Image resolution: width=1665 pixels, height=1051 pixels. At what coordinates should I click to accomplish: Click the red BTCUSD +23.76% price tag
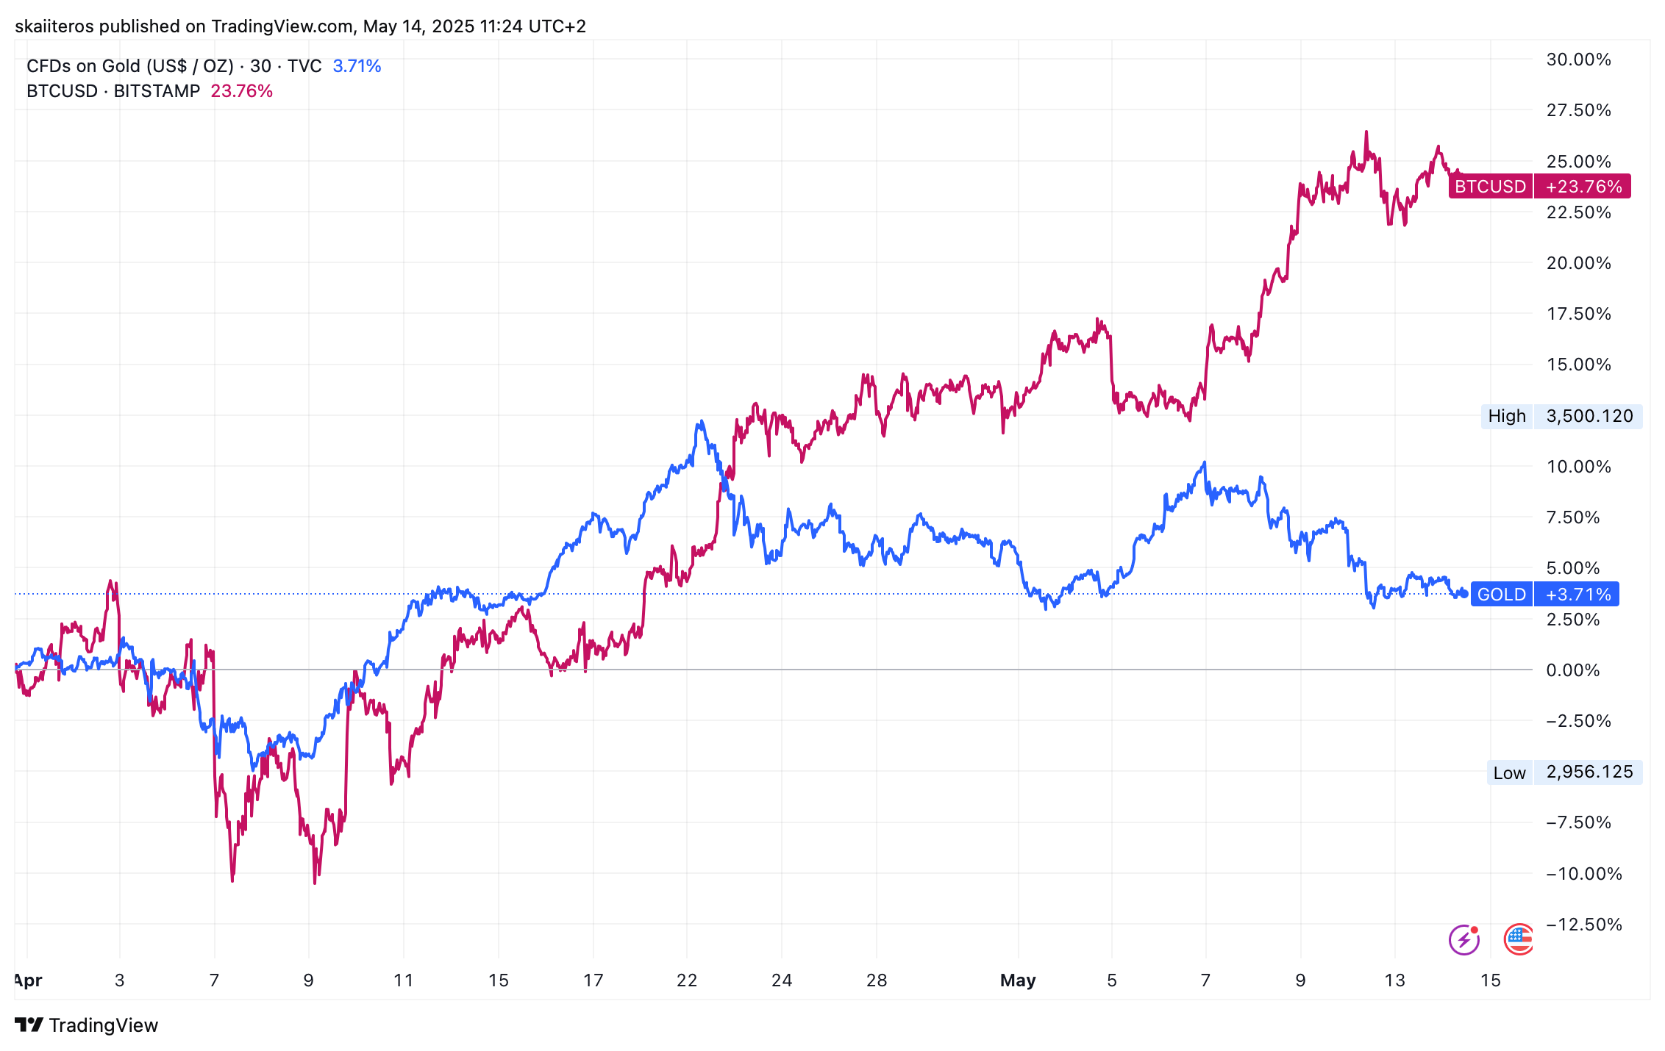coord(1539,186)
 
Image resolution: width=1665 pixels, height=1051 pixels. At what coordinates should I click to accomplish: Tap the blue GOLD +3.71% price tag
coord(1544,594)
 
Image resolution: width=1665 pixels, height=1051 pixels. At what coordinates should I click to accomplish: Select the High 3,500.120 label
coord(1561,416)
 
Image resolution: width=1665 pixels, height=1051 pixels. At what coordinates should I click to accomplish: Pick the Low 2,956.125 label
coord(1564,772)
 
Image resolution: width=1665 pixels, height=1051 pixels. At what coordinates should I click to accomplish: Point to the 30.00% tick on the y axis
coord(1578,60)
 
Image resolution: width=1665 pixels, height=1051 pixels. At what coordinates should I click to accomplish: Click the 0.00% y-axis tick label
coord(1573,670)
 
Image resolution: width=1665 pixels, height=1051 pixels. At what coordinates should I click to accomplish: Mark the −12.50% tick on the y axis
coord(1583,924)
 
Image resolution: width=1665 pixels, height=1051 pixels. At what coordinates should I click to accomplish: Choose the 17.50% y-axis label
coord(1578,314)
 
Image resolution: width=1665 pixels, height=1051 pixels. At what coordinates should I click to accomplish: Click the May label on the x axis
coord(1018,980)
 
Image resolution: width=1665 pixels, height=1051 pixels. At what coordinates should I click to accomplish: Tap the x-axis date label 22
coord(687,980)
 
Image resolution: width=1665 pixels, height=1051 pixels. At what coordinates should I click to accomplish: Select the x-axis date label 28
coord(877,980)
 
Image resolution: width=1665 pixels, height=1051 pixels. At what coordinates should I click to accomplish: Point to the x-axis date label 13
coord(1394,980)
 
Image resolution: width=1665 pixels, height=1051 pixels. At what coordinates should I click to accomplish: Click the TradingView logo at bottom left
coord(86,1025)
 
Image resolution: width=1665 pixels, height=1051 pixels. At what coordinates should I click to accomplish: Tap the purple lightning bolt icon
coord(1463,939)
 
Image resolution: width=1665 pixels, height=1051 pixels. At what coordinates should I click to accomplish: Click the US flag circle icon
coord(1519,939)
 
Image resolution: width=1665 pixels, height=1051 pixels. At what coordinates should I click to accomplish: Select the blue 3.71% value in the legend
coord(357,66)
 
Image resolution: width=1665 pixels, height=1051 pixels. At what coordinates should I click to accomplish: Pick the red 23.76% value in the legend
coord(241,91)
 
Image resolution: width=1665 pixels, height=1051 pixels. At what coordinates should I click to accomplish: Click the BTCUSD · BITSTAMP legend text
coord(113,91)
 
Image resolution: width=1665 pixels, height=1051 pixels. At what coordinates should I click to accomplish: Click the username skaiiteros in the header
coord(54,26)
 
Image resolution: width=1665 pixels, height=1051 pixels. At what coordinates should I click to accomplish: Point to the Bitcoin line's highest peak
coord(1366,133)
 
